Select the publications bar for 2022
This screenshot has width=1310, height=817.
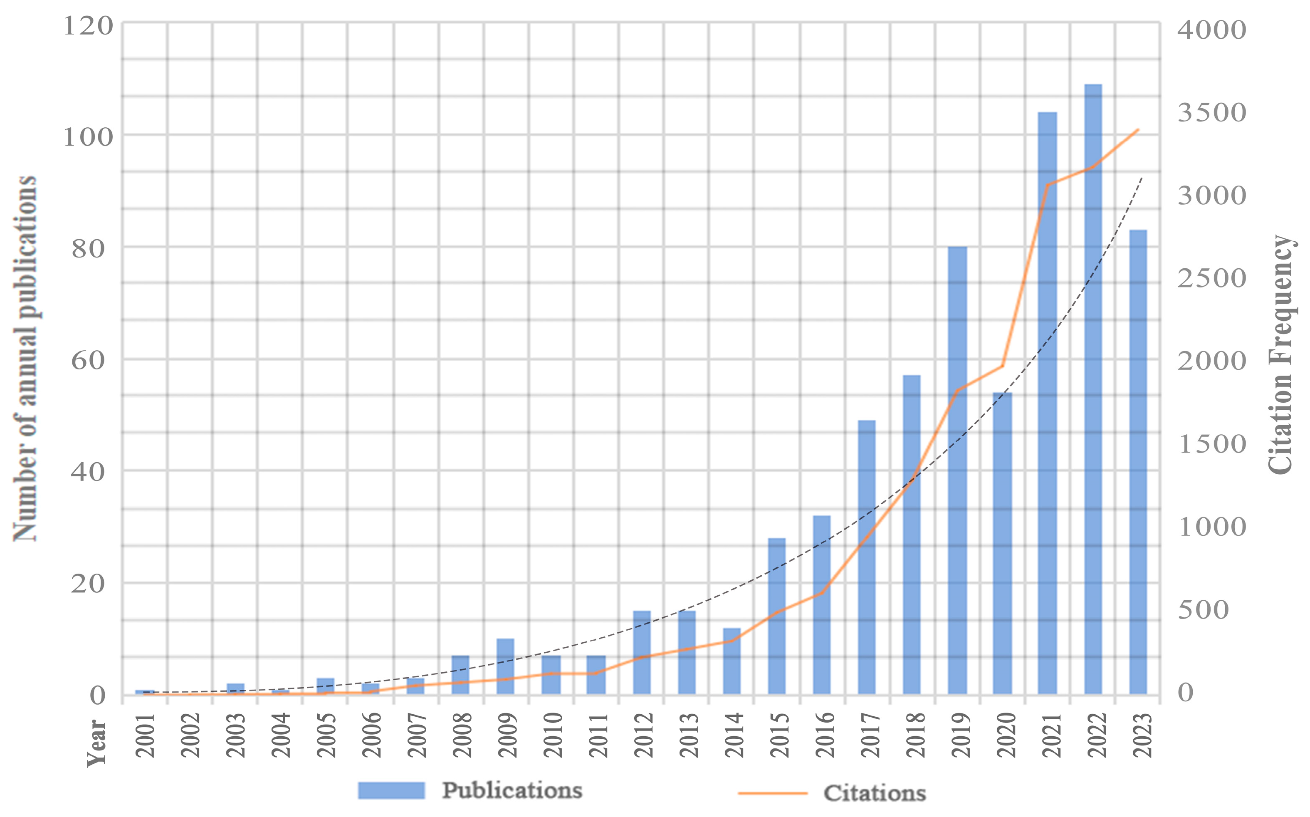(1093, 389)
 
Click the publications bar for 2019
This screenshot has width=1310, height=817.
(957, 470)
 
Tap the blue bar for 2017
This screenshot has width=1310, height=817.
(867, 557)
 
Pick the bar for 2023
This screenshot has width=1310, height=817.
(1138, 462)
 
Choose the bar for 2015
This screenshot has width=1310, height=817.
(777, 616)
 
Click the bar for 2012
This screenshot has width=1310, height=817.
(642, 652)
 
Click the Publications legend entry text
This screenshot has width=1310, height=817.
(512, 790)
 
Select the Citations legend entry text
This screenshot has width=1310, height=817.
(875, 793)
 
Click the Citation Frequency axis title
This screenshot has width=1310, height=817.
(1281, 354)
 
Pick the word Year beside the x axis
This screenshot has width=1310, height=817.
(97, 743)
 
